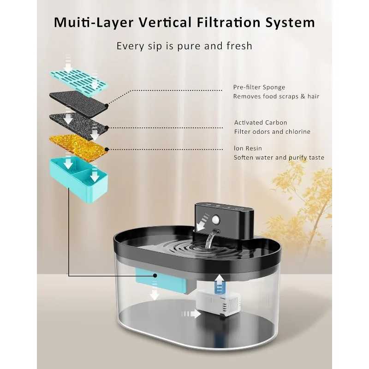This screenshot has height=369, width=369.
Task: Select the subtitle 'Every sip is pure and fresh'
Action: [x=184, y=46]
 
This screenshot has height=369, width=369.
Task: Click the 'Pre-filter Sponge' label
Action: [x=259, y=87]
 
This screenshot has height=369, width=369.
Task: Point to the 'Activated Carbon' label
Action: [x=261, y=123]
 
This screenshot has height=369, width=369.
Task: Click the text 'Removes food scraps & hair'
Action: [x=276, y=96]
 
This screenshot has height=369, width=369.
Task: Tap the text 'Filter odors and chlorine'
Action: [x=272, y=132]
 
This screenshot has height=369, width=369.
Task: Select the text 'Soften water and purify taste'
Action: [x=279, y=158]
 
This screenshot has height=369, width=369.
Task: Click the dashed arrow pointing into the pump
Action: [x=191, y=314]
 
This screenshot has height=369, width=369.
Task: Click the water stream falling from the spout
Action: [x=211, y=240]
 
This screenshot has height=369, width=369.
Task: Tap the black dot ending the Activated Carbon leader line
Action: [x=107, y=127]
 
